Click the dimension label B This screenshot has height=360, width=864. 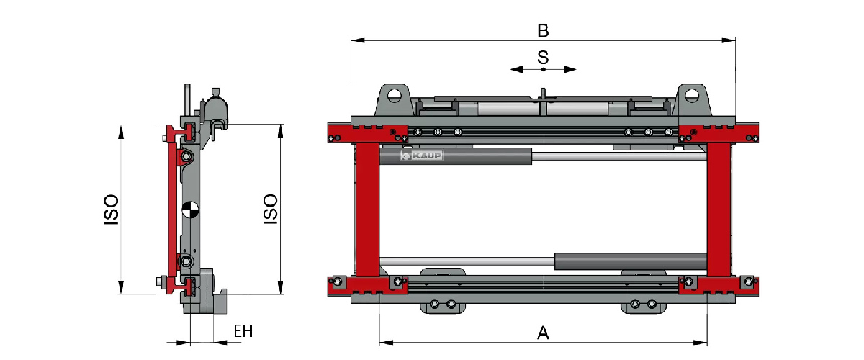click(544, 30)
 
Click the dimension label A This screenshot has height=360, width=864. click(544, 333)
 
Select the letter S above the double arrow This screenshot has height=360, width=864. click(544, 58)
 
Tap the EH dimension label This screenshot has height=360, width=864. click(243, 332)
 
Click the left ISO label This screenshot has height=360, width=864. click(111, 209)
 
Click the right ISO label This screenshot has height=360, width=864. click(271, 209)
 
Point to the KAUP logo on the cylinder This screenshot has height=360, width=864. click(422, 156)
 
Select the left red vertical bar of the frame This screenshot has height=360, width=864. click(367, 209)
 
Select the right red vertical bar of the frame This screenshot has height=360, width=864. click(719, 209)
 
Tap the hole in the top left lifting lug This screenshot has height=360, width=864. click(392, 94)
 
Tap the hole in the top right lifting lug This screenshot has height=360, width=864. click(692, 94)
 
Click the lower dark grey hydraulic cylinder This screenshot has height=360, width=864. click(630, 261)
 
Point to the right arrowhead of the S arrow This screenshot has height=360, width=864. click(570, 69)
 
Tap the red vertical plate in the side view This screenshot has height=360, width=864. click(171, 209)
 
